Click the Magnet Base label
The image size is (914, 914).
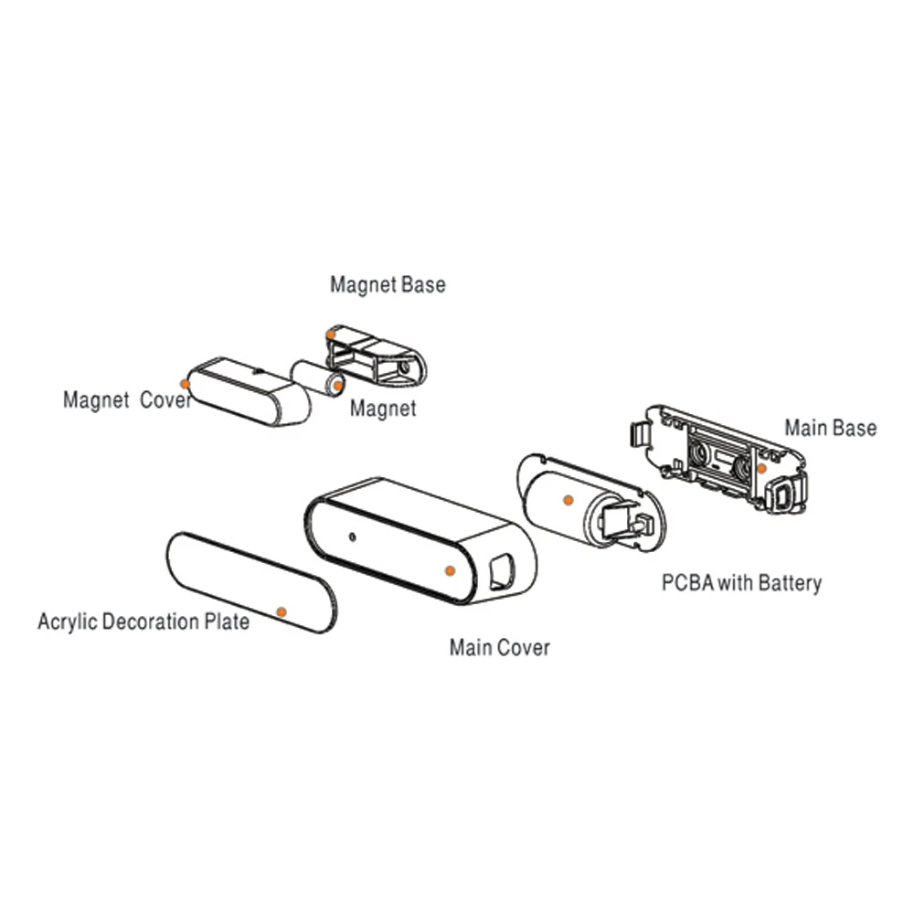pos(388,284)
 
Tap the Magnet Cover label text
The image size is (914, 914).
pos(127,400)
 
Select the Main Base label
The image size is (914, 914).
pos(830,428)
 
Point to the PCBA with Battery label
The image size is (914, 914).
pos(741,582)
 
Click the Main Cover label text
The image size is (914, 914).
pos(499,648)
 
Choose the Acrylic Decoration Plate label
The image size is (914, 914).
pos(143,622)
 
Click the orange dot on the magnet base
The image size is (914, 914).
pos(331,335)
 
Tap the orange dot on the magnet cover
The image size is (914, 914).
pos(186,383)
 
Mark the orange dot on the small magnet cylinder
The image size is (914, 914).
pos(338,386)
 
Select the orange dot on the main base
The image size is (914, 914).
pos(761,468)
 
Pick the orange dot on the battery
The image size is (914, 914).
pos(568,500)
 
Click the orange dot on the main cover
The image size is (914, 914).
pos(449,569)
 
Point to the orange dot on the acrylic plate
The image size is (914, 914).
pos(282,611)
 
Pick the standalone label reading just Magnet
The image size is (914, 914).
pos(383,408)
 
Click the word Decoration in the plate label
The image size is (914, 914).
pos(151,622)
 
